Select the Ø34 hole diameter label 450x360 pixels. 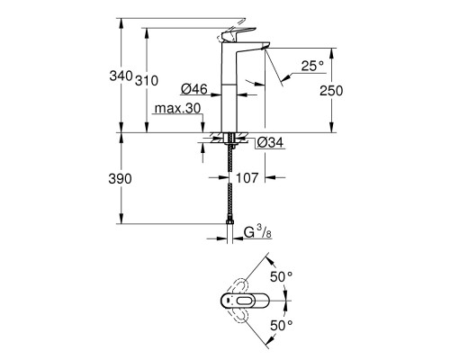tap(269, 142)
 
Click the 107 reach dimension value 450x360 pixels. tap(250, 178)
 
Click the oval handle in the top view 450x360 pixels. tap(243, 300)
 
